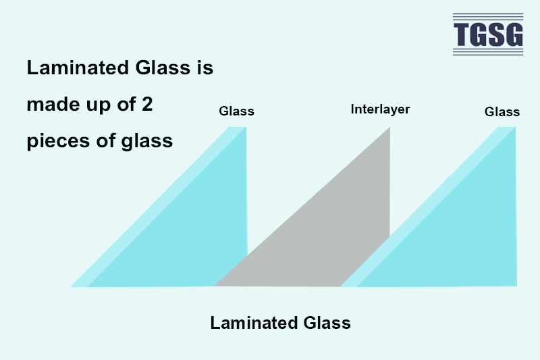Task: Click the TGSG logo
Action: tap(488, 34)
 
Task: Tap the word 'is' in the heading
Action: tap(205, 67)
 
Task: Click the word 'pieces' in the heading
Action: tap(59, 141)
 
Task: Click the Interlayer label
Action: tap(380, 109)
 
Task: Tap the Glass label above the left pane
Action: tap(237, 111)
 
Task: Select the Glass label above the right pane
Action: tap(502, 111)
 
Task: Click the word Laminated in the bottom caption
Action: tap(254, 323)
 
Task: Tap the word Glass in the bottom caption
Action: tap(327, 323)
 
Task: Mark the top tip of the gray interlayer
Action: tap(389, 128)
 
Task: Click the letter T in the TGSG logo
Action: tap(462, 34)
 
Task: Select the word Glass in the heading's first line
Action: tap(163, 67)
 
